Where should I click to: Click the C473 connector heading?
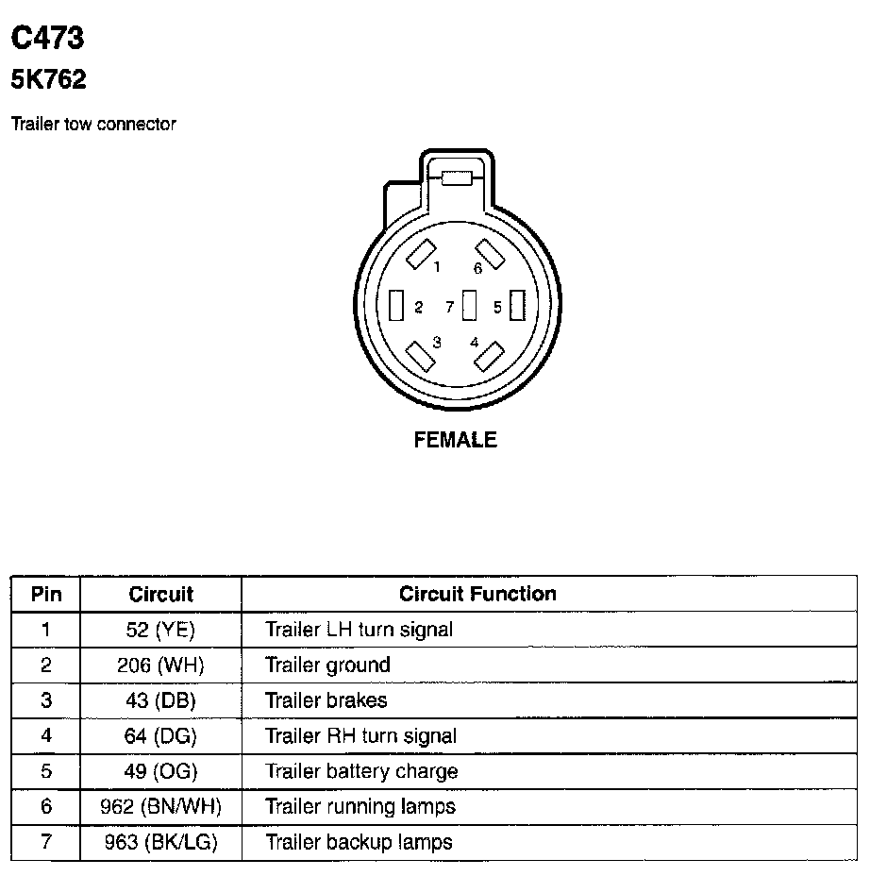tap(47, 38)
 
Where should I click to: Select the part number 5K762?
tap(48, 79)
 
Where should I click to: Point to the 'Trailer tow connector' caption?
tap(93, 124)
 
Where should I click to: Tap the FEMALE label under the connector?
tap(455, 439)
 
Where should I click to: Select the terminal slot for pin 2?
tap(396, 306)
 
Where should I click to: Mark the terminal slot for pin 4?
tap(489, 357)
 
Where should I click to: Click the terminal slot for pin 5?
tap(515, 306)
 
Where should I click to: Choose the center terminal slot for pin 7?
tap(469, 306)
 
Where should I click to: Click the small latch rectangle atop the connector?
tap(456, 177)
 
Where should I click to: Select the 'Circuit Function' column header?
tap(477, 594)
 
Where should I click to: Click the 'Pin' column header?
tap(46, 594)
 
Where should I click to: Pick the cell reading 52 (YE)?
tap(160, 630)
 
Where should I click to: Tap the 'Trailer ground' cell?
tap(327, 665)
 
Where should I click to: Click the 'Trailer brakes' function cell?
tap(326, 700)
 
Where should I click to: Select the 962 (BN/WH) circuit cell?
tap(160, 806)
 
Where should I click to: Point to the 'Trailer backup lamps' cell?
tap(359, 842)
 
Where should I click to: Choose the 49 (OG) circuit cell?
tap(160, 771)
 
